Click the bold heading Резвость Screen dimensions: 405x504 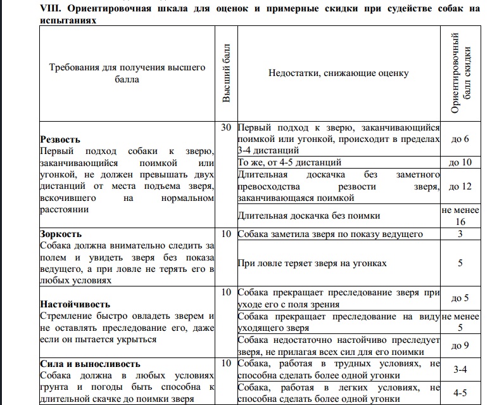coord(60,139)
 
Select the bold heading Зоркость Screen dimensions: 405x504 coord(60,234)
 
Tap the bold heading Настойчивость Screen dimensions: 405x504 coord(75,304)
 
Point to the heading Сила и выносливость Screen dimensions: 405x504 coord(89,364)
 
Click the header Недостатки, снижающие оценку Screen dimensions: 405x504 coord(338,73)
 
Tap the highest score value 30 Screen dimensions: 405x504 coord(227,127)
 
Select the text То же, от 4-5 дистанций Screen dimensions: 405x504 coord(289,162)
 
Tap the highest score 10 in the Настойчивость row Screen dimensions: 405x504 coord(227,293)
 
